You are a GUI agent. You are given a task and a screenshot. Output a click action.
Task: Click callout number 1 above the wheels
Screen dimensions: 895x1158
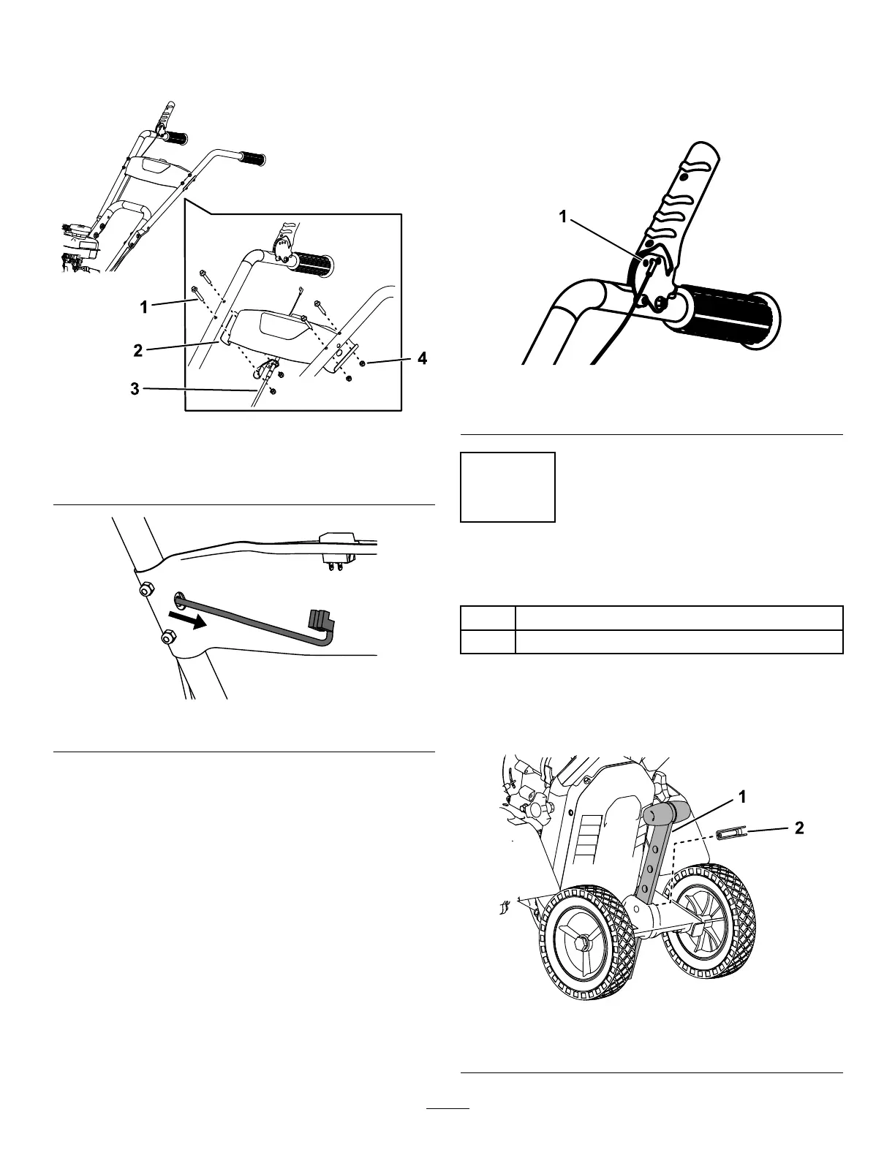pyautogui.click(x=743, y=798)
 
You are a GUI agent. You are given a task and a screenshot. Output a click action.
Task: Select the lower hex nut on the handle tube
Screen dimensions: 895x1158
pyautogui.click(x=167, y=638)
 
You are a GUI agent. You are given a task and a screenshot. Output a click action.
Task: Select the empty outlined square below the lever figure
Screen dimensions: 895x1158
pyautogui.click(x=507, y=487)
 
